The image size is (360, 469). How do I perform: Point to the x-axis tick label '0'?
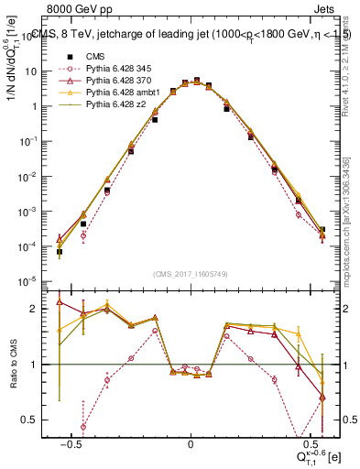click(191, 443)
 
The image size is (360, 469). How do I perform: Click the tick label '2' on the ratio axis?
click(38, 309)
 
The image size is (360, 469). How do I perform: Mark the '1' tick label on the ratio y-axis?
click(38, 365)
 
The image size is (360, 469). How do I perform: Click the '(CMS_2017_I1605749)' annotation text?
click(191, 274)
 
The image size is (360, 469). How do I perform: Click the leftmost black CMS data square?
click(59, 252)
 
